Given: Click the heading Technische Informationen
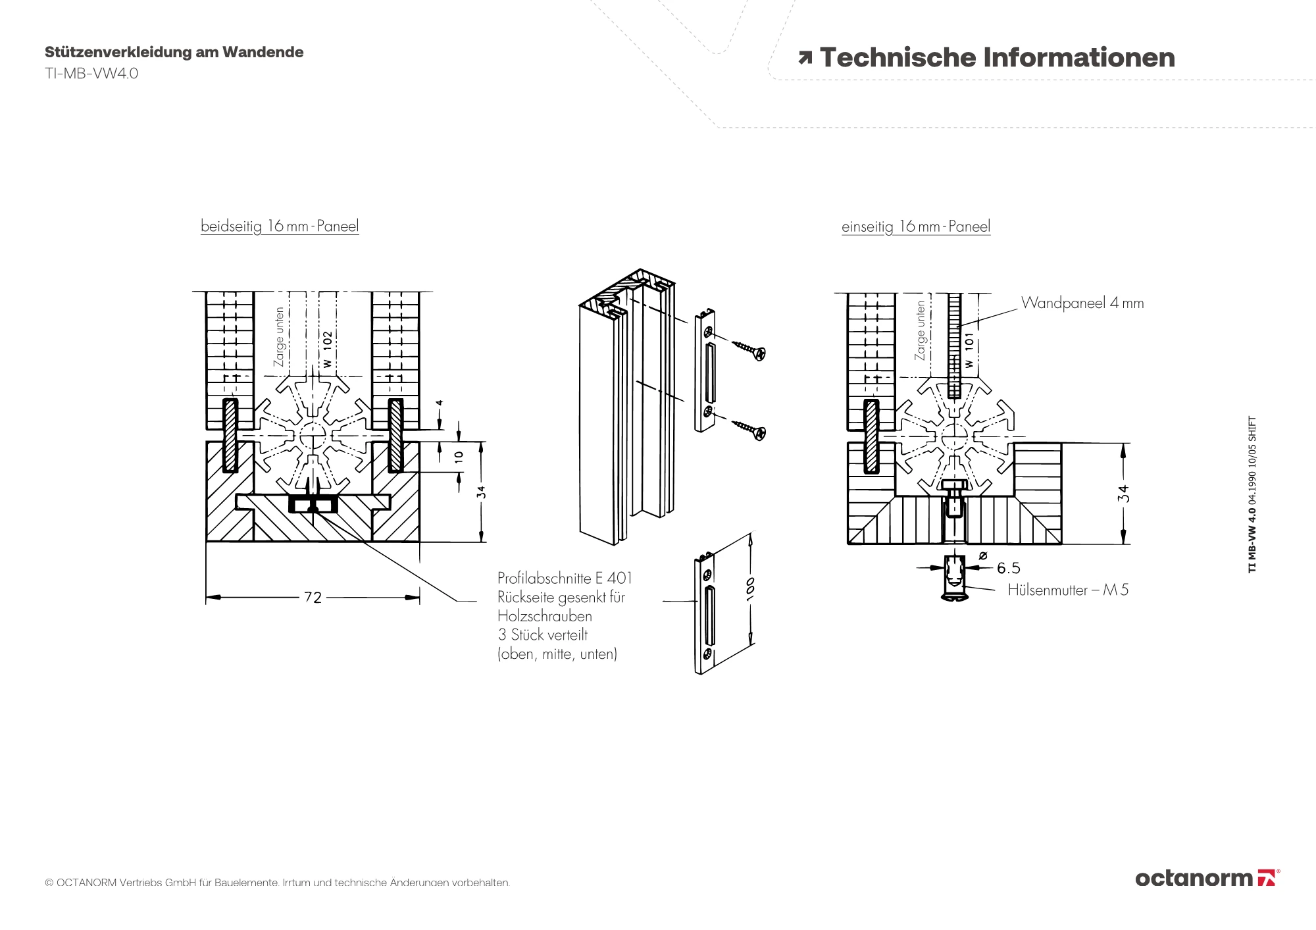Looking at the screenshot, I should coord(996,58).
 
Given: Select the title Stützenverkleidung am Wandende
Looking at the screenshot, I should coord(174,53).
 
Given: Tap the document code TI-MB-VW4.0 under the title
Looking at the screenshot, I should coord(91,73).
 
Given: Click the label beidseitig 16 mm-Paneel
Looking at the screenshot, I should coord(280,226).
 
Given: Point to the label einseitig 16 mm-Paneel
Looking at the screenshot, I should coord(915,227).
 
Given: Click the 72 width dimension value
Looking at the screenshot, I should coord(313,598).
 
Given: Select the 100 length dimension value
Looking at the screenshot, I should coord(751,586).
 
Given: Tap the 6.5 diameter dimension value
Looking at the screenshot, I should coord(1008,568).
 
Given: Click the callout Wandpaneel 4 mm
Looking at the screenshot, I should coord(1082,303).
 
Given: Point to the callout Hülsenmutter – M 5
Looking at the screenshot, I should coord(1067,590).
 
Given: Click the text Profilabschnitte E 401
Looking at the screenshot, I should coord(565,579).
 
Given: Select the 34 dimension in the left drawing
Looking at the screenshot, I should coord(482,492).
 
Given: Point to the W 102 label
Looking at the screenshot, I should coord(327,349).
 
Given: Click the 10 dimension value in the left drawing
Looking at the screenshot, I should coord(459,456).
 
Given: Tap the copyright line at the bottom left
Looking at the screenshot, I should coord(277,883).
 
